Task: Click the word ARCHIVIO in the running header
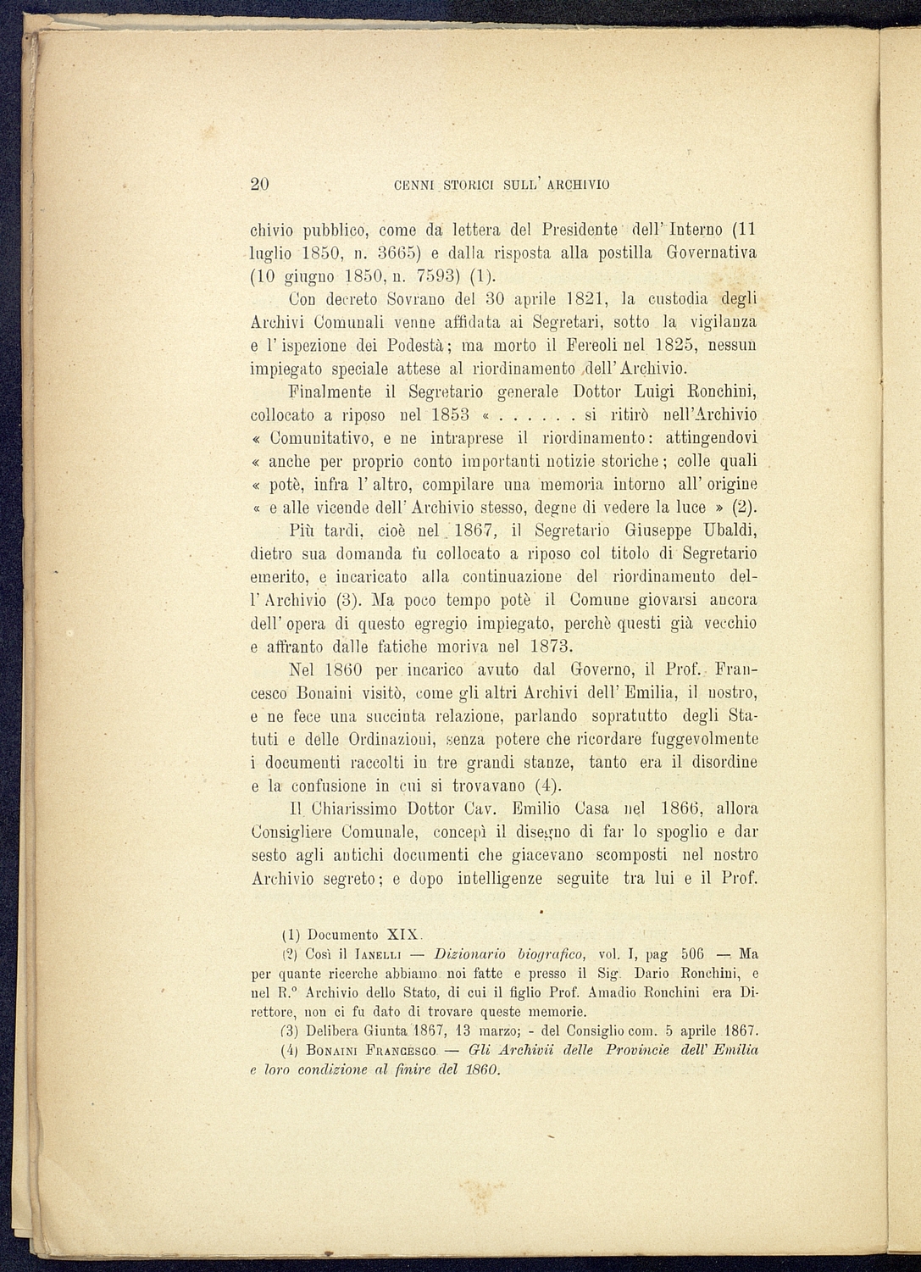click(x=579, y=185)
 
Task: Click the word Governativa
click(x=711, y=253)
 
